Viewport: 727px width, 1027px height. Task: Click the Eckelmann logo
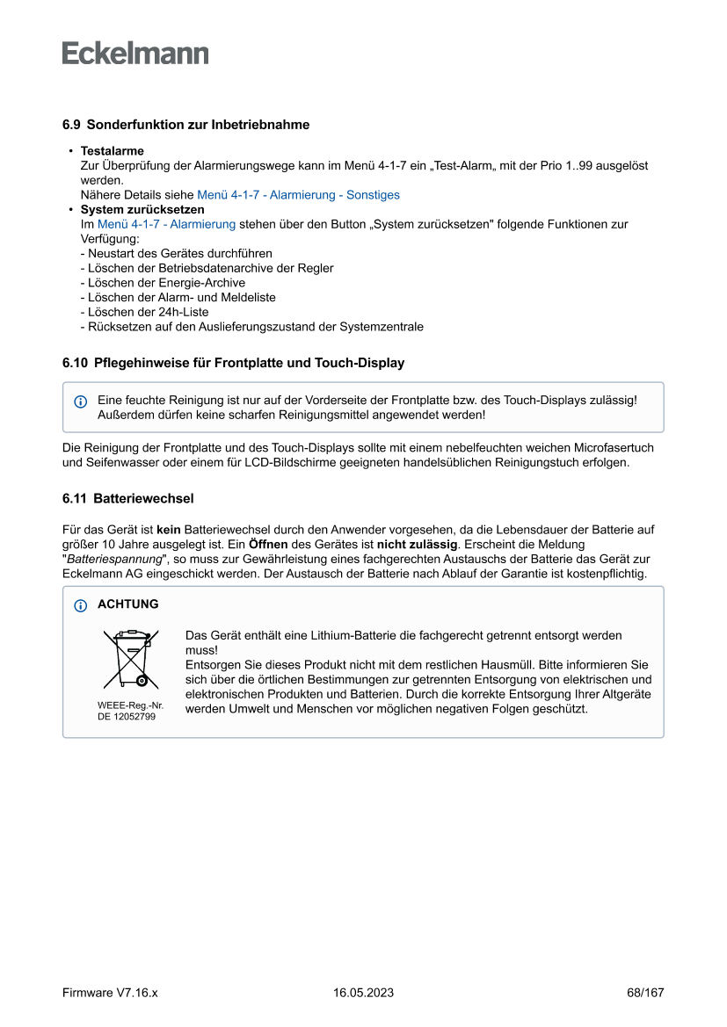(135, 53)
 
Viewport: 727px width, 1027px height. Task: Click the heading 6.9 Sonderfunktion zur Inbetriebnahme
(185, 125)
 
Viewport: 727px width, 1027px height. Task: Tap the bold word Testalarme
(113, 151)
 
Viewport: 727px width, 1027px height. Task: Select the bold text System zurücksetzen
(142, 210)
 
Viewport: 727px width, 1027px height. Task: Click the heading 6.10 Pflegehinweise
(233, 363)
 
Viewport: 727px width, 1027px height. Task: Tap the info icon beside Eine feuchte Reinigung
(81, 401)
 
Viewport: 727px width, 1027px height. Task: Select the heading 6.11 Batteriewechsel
(128, 498)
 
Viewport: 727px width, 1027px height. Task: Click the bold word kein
(169, 530)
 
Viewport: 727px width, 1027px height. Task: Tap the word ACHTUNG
(128, 604)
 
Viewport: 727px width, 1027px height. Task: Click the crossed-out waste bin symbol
(130, 659)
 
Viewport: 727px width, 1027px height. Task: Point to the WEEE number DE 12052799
(127, 717)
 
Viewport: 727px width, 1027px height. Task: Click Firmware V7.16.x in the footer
(110, 993)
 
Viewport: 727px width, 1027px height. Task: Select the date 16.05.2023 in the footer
(363, 993)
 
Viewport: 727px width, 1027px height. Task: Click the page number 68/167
(645, 993)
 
